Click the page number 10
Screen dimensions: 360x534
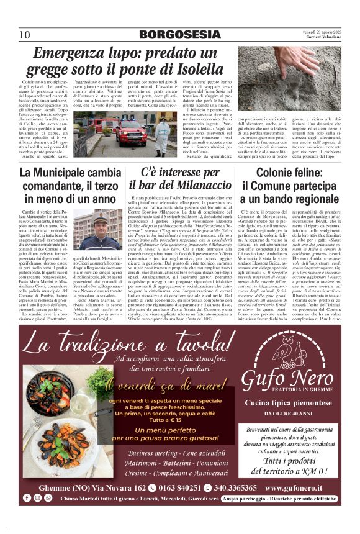point(25,34)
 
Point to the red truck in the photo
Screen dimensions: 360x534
point(131,132)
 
